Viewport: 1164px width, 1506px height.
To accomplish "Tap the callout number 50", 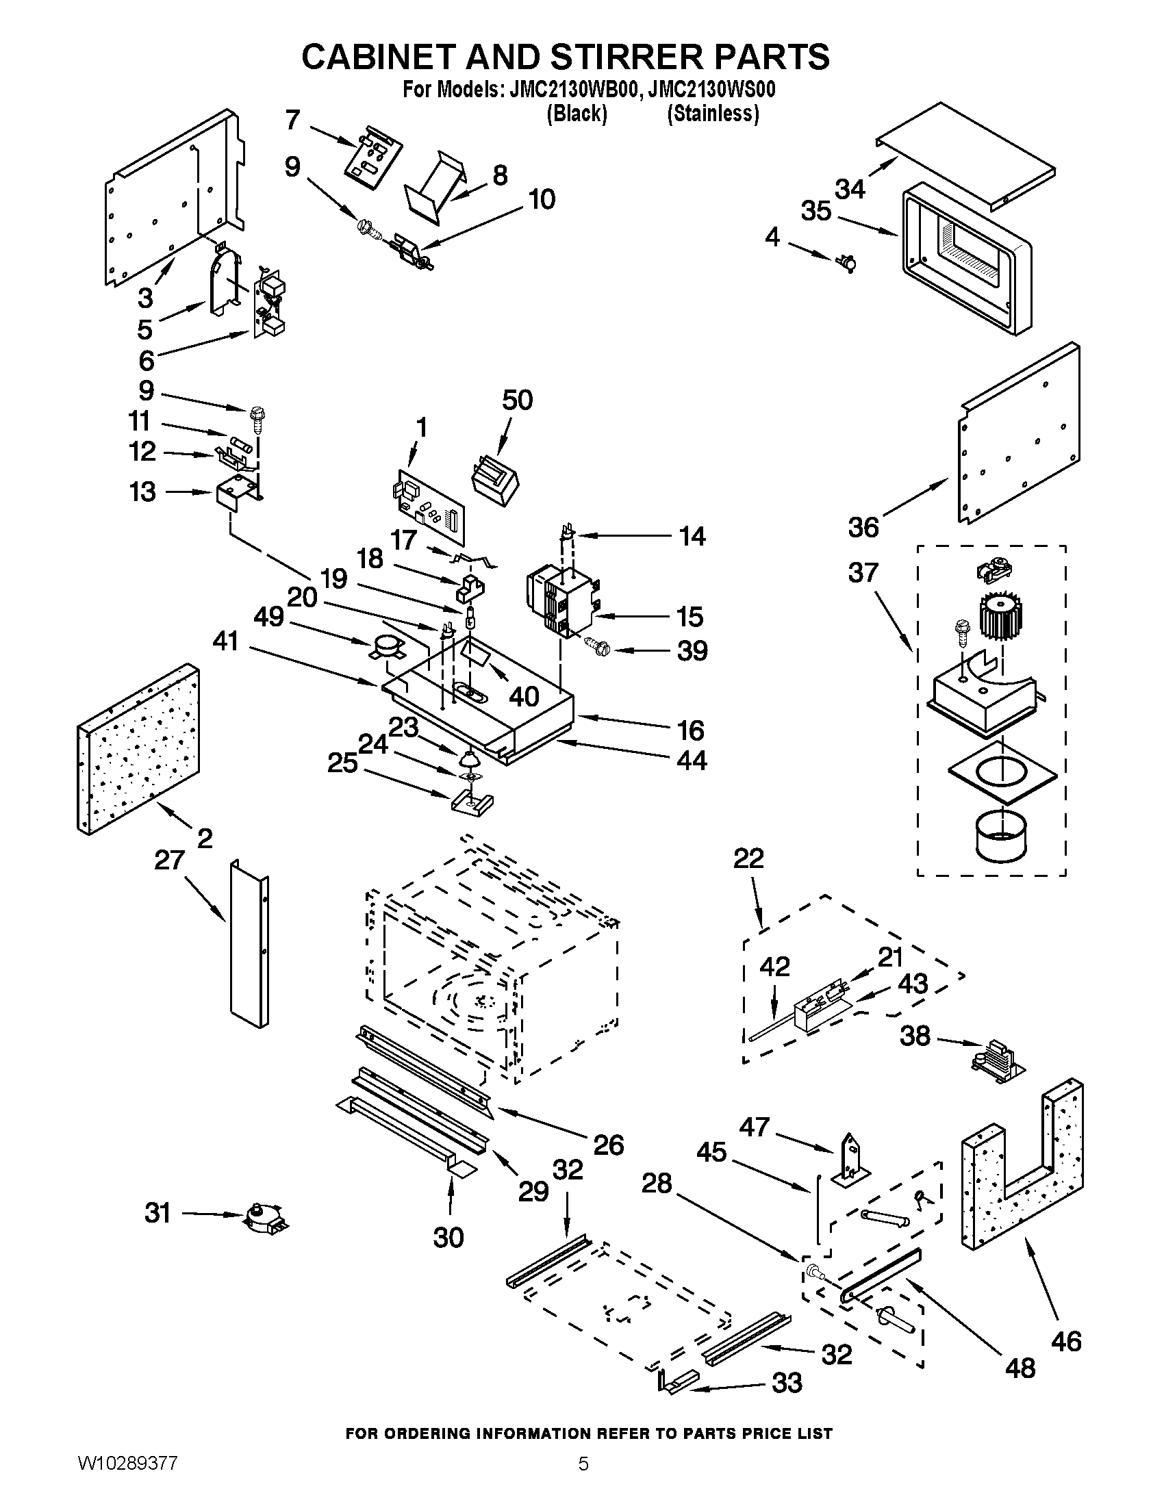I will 517,400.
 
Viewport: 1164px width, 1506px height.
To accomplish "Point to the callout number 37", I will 863,572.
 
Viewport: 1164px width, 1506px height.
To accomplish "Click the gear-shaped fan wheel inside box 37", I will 1000,617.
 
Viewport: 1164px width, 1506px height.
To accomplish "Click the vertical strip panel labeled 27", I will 250,945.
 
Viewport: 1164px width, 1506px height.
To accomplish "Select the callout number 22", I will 748,858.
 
